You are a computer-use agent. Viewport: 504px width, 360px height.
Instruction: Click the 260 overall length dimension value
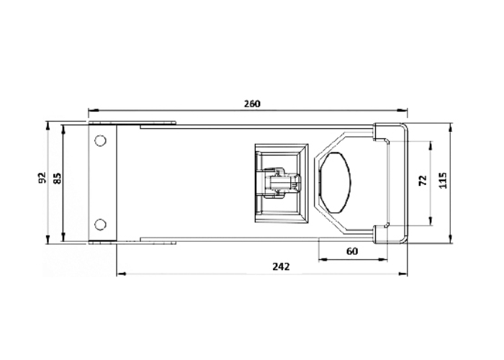click(251, 104)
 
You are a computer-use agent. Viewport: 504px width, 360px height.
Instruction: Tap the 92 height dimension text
click(42, 177)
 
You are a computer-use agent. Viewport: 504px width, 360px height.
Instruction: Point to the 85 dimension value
click(57, 177)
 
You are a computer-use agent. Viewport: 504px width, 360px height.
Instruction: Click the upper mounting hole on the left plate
click(101, 139)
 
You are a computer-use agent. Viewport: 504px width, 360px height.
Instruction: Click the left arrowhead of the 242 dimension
click(119, 274)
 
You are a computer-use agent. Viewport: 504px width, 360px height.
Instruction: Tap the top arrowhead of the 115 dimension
click(451, 126)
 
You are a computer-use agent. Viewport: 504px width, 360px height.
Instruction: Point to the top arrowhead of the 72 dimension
click(431, 143)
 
